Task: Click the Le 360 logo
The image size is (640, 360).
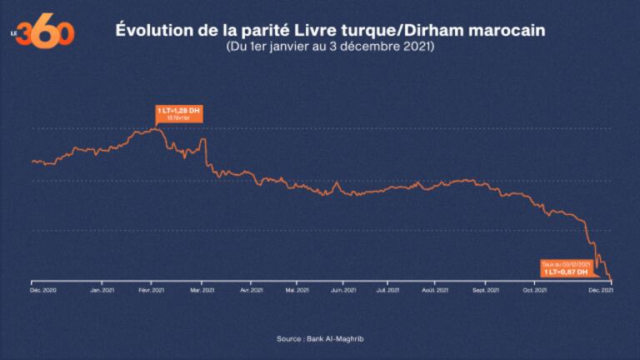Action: (47, 32)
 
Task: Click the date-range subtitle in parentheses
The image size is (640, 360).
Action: (329, 47)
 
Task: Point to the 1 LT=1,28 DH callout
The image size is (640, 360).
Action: (178, 113)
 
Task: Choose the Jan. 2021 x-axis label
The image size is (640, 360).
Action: (102, 291)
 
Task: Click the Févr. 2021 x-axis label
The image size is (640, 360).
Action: (150, 291)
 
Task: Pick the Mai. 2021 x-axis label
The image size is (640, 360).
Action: (297, 291)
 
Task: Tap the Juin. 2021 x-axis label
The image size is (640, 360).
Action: (343, 291)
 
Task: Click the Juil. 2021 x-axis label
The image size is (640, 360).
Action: (388, 291)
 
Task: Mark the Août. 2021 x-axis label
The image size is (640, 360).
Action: (434, 291)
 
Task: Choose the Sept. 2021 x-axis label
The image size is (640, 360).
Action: (486, 291)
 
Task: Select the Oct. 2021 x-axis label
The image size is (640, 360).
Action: (534, 291)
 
